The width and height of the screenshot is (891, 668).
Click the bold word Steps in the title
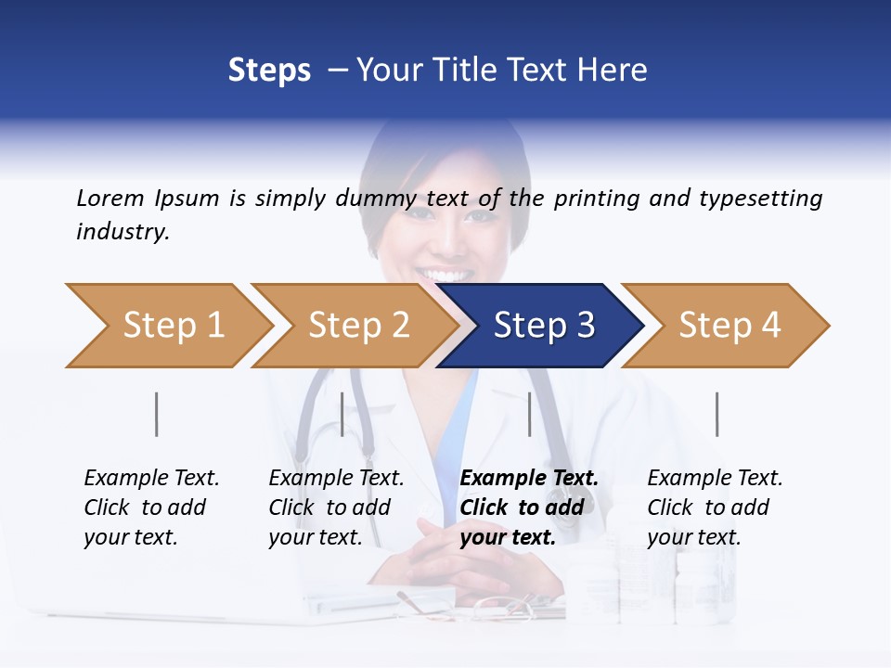pos(269,71)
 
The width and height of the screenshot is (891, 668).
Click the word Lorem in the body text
pos(110,198)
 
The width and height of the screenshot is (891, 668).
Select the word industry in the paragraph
pos(123,232)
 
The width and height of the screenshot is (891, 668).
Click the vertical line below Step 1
pos(157,414)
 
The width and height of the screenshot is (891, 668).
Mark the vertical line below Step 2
pos(342,414)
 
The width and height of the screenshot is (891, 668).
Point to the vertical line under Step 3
pos(529,414)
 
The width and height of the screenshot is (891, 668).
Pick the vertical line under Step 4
pos(717,414)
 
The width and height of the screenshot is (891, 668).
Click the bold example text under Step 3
pos(527,507)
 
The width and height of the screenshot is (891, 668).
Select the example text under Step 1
pos(150,507)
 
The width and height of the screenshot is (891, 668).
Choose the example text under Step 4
pos(714,507)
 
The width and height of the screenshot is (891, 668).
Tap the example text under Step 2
pos(335,507)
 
